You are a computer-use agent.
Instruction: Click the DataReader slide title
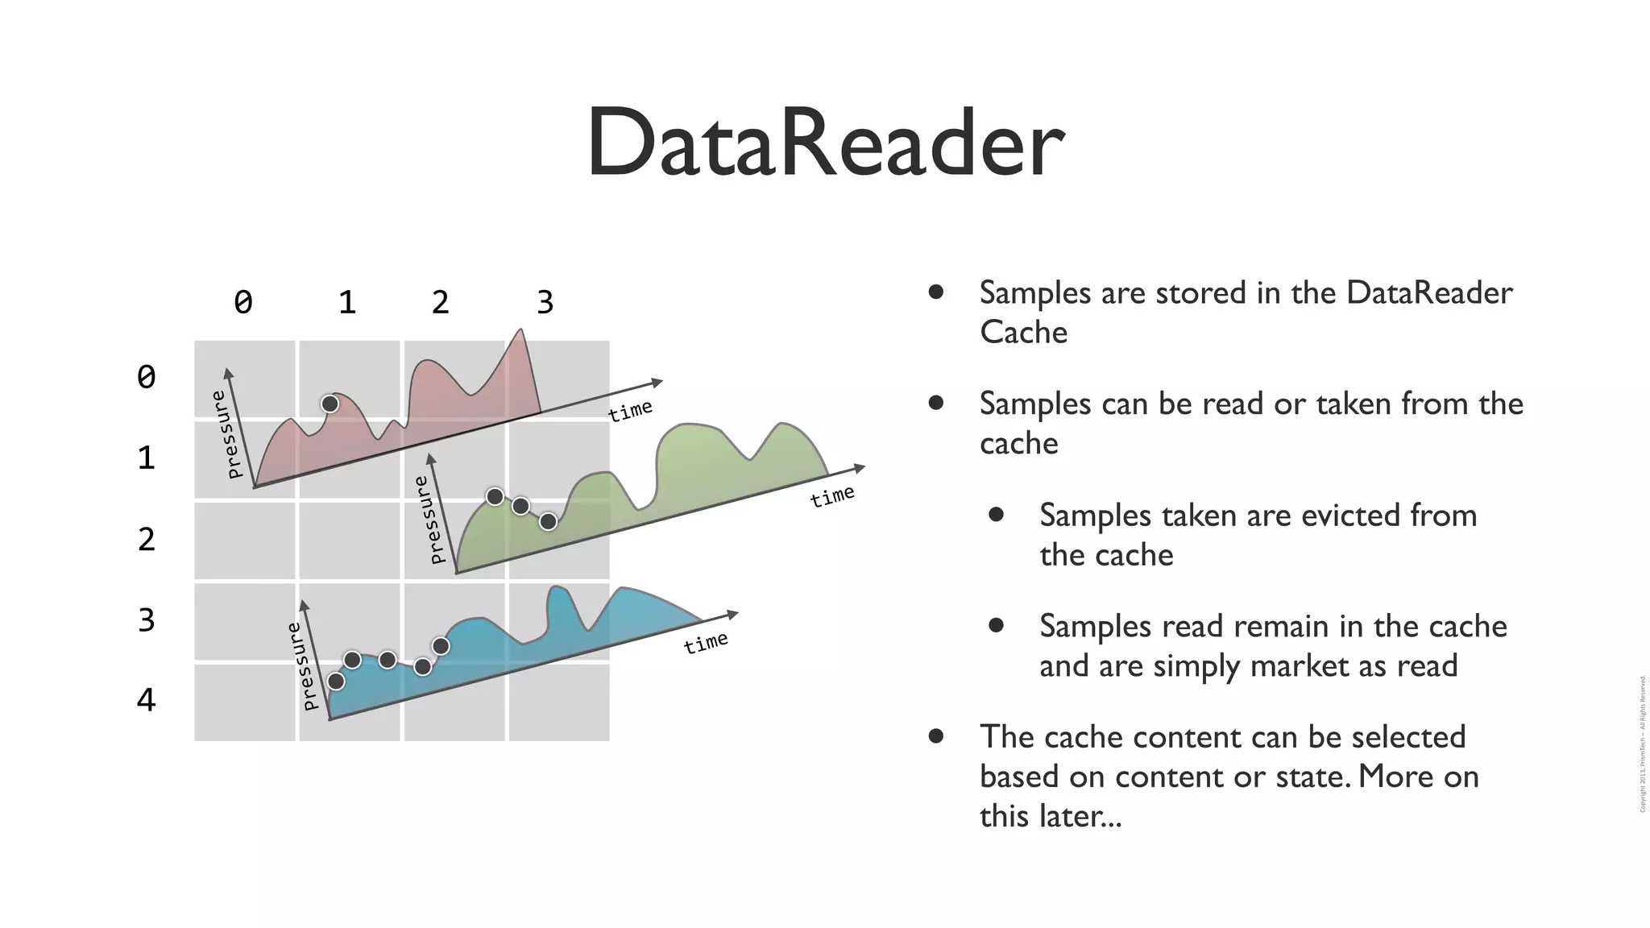click(x=825, y=143)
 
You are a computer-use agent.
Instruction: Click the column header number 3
click(x=545, y=303)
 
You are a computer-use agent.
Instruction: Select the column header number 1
click(x=347, y=303)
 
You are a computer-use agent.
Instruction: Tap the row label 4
click(x=146, y=700)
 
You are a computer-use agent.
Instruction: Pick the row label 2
click(x=146, y=539)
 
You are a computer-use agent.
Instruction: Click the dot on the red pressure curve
click(x=330, y=404)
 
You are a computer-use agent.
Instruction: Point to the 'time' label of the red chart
click(x=630, y=410)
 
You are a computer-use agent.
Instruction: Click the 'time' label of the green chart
click(x=832, y=495)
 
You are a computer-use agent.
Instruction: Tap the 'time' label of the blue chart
click(x=706, y=643)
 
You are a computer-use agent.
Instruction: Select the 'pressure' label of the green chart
click(x=429, y=520)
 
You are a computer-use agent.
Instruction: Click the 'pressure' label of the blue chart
click(x=302, y=666)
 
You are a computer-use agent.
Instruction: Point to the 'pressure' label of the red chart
click(x=226, y=434)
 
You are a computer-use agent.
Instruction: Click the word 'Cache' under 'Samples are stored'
click(x=1023, y=333)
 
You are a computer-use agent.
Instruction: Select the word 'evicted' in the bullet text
click(x=1349, y=516)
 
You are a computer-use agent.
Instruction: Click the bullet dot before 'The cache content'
click(x=935, y=735)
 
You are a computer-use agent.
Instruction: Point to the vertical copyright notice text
click(x=1642, y=744)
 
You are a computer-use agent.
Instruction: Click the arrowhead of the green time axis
click(x=860, y=467)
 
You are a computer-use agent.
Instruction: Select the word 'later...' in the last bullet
click(x=1080, y=816)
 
